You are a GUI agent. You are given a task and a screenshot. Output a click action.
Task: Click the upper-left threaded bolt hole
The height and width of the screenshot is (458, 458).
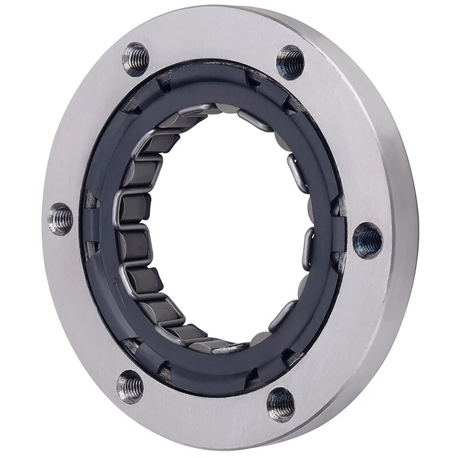point(136,59)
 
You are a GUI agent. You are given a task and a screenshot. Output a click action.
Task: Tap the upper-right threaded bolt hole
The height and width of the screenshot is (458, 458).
point(291,62)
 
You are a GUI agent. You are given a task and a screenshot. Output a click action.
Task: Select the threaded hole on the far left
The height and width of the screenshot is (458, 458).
point(60,218)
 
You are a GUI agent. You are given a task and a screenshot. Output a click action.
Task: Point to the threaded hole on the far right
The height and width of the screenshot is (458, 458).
point(368,239)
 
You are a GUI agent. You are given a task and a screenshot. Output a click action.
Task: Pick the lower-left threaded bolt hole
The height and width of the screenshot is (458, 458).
point(131,386)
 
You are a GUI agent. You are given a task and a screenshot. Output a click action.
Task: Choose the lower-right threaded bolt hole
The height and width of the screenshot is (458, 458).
point(281,404)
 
